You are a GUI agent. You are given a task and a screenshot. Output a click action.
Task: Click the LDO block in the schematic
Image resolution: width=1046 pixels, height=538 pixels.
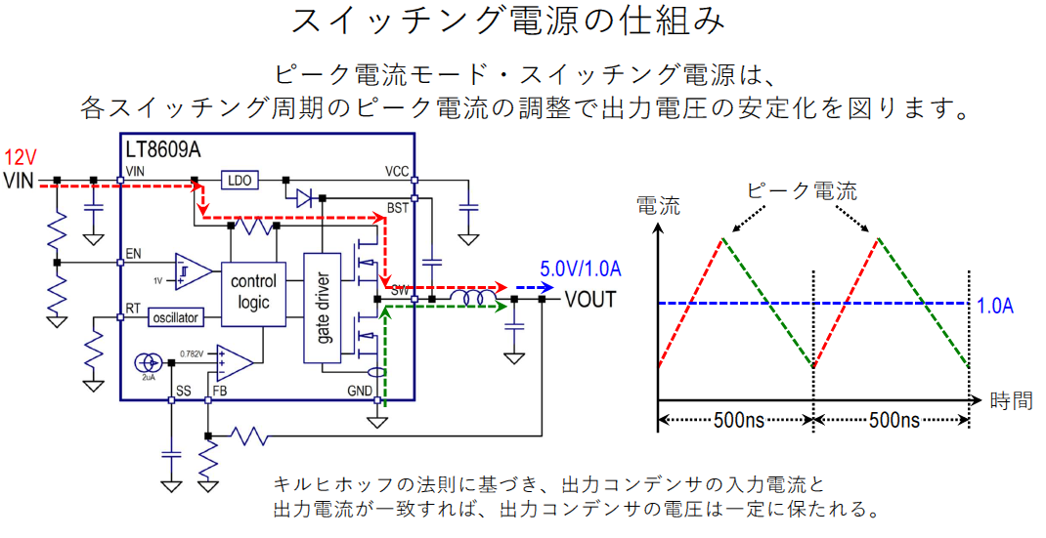pos(240,181)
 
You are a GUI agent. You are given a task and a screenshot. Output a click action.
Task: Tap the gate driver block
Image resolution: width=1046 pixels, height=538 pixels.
pos(321,308)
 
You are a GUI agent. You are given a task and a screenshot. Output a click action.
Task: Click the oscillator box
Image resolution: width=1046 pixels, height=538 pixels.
pos(176,317)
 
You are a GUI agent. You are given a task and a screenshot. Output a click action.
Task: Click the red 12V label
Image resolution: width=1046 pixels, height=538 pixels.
pos(22,157)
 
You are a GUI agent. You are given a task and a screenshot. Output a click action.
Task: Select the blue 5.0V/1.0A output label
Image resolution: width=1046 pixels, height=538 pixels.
pos(582,269)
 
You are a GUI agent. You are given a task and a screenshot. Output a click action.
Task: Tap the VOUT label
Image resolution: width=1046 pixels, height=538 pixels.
pos(590,299)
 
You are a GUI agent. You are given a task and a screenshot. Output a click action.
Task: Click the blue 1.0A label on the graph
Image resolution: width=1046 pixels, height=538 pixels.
pos(995,305)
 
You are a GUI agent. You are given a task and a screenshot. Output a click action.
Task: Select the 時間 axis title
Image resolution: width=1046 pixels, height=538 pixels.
pos(1011,400)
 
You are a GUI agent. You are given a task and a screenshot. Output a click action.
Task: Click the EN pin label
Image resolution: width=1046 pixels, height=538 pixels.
pos(134,255)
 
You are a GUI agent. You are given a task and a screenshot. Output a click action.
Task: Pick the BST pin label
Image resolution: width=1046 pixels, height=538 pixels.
pos(398,208)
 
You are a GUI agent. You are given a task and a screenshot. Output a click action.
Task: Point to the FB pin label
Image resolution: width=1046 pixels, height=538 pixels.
pos(219,392)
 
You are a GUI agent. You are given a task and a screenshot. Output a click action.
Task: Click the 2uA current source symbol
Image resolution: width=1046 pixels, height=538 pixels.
pos(145,364)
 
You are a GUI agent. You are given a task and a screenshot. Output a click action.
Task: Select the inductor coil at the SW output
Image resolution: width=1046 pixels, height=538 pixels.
pos(475,298)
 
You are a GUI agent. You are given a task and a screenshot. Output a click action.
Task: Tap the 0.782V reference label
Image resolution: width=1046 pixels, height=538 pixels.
pos(196,353)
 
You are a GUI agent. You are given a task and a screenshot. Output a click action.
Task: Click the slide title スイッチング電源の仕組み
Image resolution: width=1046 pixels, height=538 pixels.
pos(522,22)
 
